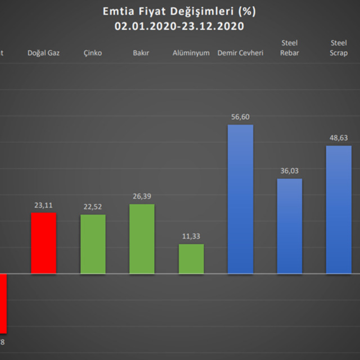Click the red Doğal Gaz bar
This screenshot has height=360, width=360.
[x=43, y=243]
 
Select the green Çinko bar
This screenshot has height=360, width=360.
[x=93, y=244]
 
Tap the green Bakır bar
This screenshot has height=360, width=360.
[x=142, y=239]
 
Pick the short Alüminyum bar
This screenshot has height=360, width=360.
[x=191, y=259]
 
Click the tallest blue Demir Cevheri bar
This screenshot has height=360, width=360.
[x=240, y=199]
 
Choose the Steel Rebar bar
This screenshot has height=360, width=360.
[x=289, y=226]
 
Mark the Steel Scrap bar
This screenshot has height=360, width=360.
[x=339, y=210]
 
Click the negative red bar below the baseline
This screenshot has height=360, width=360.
[x=3, y=303]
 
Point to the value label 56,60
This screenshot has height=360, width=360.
[x=240, y=116]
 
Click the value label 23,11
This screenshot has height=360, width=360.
[x=43, y=205]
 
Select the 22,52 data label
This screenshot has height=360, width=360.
[x=93, y=207]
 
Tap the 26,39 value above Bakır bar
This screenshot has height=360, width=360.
[x=142, y=196]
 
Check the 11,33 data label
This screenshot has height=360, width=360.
[x=191, y=236]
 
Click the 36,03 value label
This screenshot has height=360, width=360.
[x=289, y=171]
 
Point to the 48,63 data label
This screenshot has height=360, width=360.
[x=339, y=138]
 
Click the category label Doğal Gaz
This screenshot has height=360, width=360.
[x=43, y=53]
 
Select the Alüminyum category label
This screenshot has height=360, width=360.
[x=191, y=53]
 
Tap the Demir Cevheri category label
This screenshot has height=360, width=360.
[x=240, y=53]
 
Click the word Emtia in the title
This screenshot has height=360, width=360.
[x=115, y=11]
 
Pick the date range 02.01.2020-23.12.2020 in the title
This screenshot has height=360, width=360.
[x=179, y=26]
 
